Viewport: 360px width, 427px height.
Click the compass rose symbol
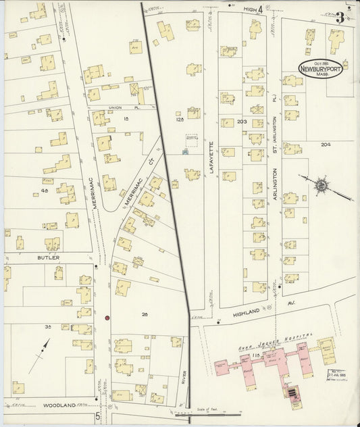point(321,184)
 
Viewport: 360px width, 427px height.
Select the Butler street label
point(49,258)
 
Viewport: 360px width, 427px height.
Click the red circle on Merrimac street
point(107,317)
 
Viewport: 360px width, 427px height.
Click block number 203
point(244,122)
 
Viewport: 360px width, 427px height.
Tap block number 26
point(144,315)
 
